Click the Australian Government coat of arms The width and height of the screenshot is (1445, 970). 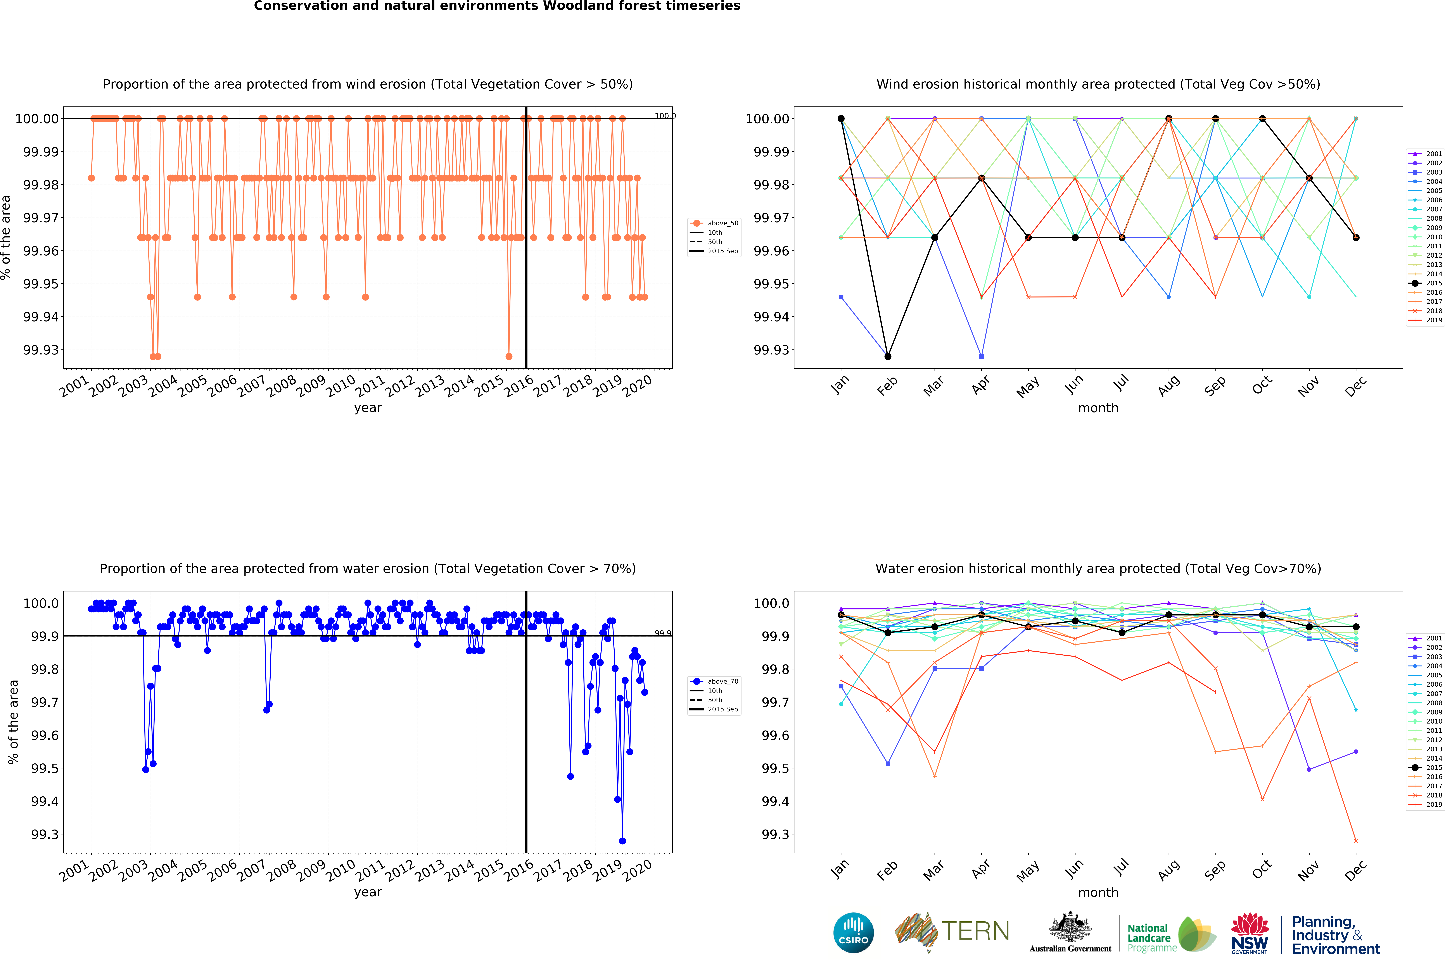coord(1070,928)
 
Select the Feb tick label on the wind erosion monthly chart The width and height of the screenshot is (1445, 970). coord(887,385)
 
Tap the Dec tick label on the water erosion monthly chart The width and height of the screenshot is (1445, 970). coord(1355,870)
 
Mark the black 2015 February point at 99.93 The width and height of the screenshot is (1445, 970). coord(888,356)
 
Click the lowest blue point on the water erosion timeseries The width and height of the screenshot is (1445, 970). coord(622,841)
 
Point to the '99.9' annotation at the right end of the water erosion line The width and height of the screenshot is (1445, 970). coord(662,633)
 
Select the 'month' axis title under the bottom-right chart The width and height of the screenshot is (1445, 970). coord(1098,892)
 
